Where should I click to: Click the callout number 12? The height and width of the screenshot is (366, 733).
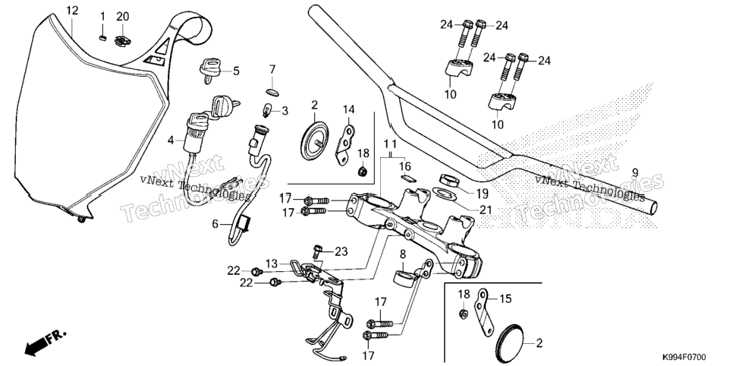pyautogui.click(x=72, y=11)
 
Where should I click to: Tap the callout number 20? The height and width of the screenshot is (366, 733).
pyautogui.click(x=122, y=17)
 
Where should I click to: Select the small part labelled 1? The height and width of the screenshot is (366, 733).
pyautogui.click(x=103, y=37)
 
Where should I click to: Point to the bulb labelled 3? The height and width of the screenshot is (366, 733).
pyautogui.click(x=266, y=111)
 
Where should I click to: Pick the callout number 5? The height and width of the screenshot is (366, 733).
pyautogui.click(x=236, y=71)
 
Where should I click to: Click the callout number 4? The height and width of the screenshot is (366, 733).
pyautogui.click(x=171, y=140)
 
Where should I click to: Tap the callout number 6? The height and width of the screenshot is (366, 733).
pyautogui.click(x=215, y=224)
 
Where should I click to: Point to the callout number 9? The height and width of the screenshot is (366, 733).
pyautogui.click(x=635, y=172)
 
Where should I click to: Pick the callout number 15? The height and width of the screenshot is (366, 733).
pyautogui.click(x=506, y=298)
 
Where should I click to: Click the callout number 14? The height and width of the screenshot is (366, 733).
pyautogui.click(x=349, y=109)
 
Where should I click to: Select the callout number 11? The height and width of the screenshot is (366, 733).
pyautogui.click(x=391, y=143)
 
